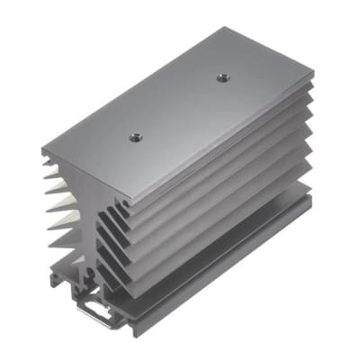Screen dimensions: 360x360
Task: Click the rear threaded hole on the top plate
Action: click(x=219, y=78)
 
